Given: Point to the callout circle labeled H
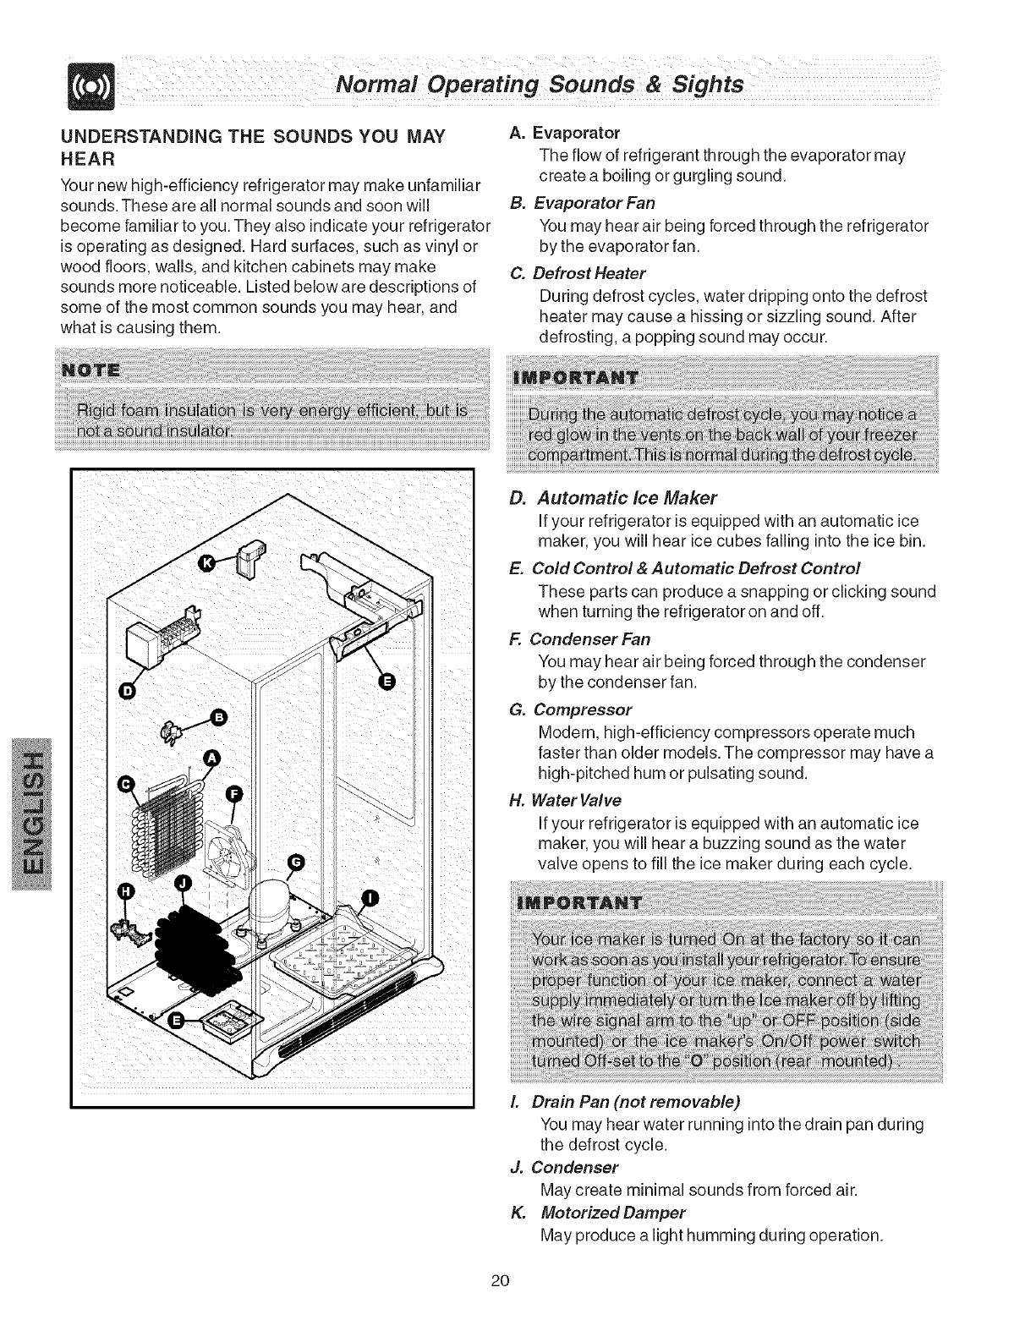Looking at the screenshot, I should pos(125,891).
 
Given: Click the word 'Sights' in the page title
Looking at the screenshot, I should pos(705,85).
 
